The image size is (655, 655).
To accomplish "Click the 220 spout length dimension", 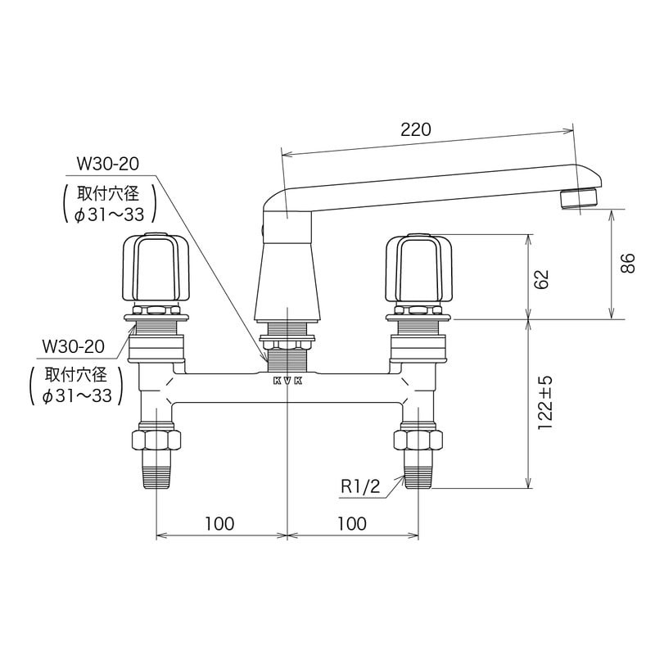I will [x=417, y=129].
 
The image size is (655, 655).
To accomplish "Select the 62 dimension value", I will [x=540, y=278].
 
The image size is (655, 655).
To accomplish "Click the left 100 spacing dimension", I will [x=219, y=522].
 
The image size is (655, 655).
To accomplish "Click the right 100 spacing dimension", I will [x=351, y=522].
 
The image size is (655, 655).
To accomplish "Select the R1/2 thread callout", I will [x=361, y=486].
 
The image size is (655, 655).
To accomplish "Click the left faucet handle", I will [x=156, y=268].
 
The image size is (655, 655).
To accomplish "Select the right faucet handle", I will [x=419, y=268].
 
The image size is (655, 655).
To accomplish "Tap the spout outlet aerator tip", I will [x=580, y=199].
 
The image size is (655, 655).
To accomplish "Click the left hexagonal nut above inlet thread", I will [x=156, y=440].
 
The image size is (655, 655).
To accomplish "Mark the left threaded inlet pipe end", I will [x=156, y=473].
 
